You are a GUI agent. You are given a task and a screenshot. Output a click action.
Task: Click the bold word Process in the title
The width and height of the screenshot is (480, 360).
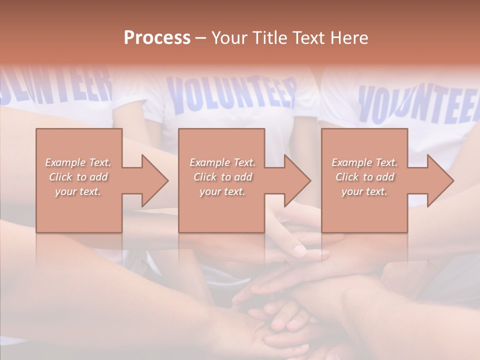[157, 38]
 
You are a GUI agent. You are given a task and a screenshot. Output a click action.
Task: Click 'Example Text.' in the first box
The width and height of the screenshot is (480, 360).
[78, 162]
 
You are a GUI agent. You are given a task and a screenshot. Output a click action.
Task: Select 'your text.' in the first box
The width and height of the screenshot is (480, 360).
[78, 191]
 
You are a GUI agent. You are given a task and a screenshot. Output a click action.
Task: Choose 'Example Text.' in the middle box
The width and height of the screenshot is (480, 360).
[222, 162]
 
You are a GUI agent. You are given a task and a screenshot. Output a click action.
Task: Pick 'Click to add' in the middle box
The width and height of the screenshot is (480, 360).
[222, 177]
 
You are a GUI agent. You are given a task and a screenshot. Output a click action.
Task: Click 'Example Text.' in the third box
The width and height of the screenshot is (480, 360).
[364, 162]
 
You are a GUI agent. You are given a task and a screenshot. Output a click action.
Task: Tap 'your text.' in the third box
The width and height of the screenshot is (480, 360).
[364, 191]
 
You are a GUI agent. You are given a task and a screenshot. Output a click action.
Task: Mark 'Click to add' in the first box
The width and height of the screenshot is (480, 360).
[78, 177]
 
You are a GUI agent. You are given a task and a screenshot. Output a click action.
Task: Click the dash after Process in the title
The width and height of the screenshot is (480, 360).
[201, 38]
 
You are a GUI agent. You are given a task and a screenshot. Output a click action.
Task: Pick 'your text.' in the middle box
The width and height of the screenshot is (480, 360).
[222, 191]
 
